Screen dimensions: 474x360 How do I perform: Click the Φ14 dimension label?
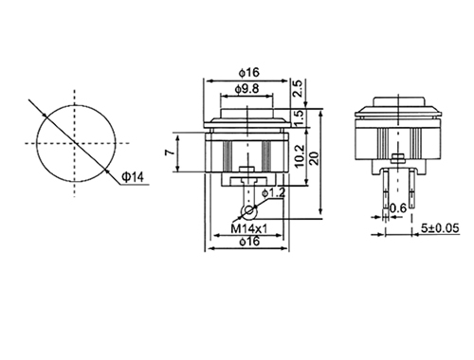pyautogui.click(x=133, y=177)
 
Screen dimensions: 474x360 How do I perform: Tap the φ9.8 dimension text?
pyautogui.click(x=246, y=89)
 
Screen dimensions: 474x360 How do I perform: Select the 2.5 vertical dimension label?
pyautogui.click(x=298, y=88)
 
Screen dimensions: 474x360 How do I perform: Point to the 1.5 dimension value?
pyautogui.click(x=300, y=117)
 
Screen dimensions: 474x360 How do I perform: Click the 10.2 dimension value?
pyautogui.click(x=299, y=155)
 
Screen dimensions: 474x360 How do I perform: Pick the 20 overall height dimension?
pyautogui.click(x=315, y=158)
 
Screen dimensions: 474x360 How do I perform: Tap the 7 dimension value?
pyautogui.click(x=170, y=153)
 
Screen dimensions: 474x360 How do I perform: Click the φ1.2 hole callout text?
pyautogui.click(x=273, y=192)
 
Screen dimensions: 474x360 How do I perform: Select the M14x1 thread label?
pyautogui.click(x=248, y=228)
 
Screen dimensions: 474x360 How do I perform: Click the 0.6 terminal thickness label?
pyautogui.click(x=398, y=208)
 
